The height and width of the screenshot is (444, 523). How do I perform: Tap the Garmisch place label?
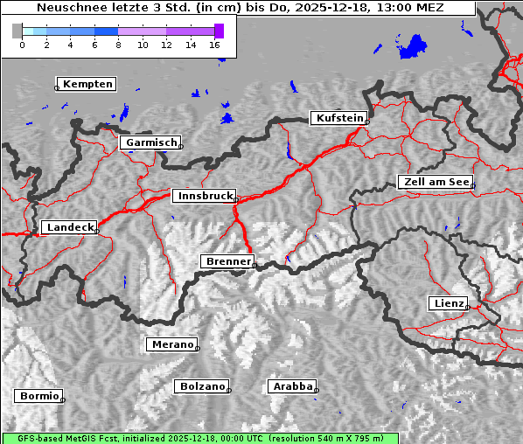[152, 142]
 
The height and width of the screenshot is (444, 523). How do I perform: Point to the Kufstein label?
[339, 118]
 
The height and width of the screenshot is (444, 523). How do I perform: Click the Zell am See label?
[436, 182]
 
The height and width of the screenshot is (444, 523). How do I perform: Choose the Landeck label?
[69, 227]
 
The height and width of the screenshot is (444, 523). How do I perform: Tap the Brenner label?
[228, 261]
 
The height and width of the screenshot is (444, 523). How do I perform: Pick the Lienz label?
[449, 303]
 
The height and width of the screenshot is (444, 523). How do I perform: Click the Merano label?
[171, 344]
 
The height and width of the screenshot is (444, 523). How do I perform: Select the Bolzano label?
[203, 386]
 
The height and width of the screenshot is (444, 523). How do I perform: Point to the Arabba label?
[292, 386]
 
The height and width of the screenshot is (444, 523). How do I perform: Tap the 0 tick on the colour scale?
[22, 44]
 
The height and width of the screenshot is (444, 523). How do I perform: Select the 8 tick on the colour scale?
[118, 44]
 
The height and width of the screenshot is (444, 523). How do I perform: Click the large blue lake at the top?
[415, 46]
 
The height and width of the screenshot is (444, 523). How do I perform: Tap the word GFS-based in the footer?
[32, 438]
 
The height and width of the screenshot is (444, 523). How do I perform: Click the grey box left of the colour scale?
[17, 31]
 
